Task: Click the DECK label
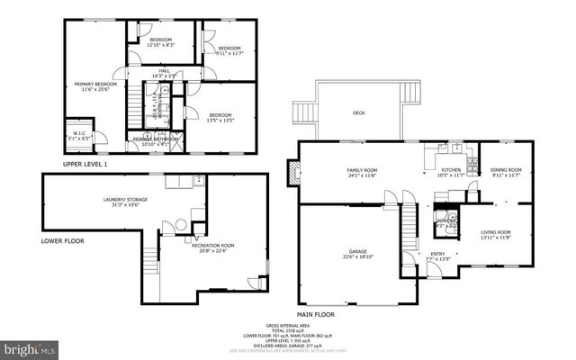click(358, 112)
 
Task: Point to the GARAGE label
click(357, 254)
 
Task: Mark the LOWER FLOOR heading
click(63, 241)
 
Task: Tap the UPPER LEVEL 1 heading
click(85, 164)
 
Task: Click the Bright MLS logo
click(29, 347)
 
